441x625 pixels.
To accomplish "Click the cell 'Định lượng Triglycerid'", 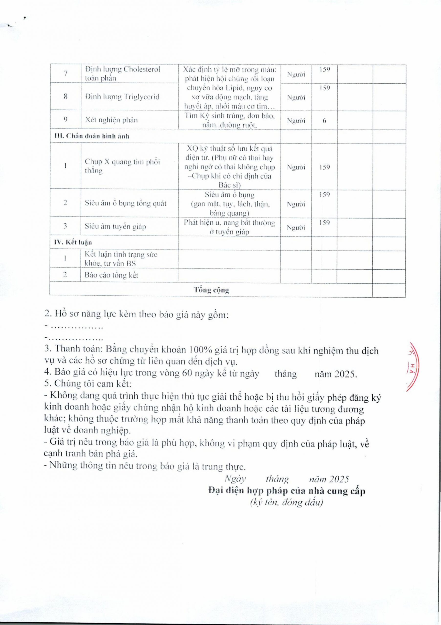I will [122, 97].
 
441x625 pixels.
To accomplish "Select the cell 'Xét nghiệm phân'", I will [111, 120].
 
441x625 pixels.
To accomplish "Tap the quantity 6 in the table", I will [324, 121].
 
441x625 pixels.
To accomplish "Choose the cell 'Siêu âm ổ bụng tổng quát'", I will [125, 203].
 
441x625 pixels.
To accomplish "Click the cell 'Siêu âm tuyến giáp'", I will [115, 227].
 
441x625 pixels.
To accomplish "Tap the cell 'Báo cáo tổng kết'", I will [111, 275].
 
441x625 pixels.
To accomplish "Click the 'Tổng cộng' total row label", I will [211, 290].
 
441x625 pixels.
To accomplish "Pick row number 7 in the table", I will [65, 73].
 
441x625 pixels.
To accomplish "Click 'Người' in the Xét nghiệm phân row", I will [296, 121].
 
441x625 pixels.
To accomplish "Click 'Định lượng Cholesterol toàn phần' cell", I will [122, 73].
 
